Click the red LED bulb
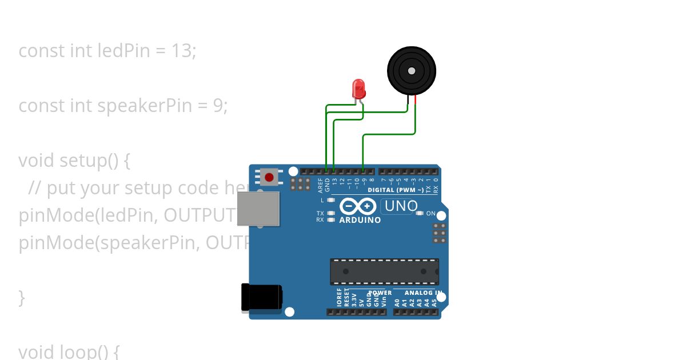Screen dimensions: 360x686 (x=359, y=89)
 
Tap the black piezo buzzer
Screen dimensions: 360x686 (x=412, y=70)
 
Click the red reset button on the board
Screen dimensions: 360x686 (x=269, y=177)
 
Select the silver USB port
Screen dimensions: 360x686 (x=258, y=209)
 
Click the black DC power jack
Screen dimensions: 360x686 (x=261, y=298)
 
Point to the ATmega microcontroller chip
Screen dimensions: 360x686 (x=384, y=271)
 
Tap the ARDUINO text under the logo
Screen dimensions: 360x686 (x=360, y=220)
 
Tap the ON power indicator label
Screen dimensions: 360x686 (x=431, y=214)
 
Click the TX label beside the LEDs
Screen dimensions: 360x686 (x=320, y=213)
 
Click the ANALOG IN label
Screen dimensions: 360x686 (x=424, y=293)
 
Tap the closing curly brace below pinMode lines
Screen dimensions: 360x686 (x=22, y=298)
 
